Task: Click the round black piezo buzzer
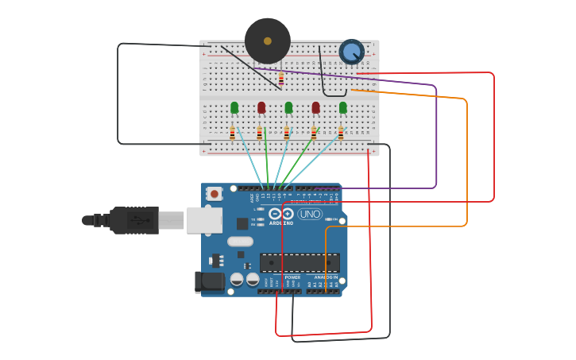267,41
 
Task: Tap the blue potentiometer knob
351,52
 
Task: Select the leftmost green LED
234,107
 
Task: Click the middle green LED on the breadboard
288,107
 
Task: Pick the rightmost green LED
342,107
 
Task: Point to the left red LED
261,107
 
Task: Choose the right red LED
315,107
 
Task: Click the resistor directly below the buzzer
280,79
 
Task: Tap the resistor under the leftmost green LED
233,133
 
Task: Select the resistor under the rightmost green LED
341,133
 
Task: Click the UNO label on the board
310,214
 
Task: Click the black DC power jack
210,281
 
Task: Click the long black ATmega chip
300,263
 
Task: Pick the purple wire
436,135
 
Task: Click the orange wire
467,159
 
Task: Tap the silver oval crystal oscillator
240,242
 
